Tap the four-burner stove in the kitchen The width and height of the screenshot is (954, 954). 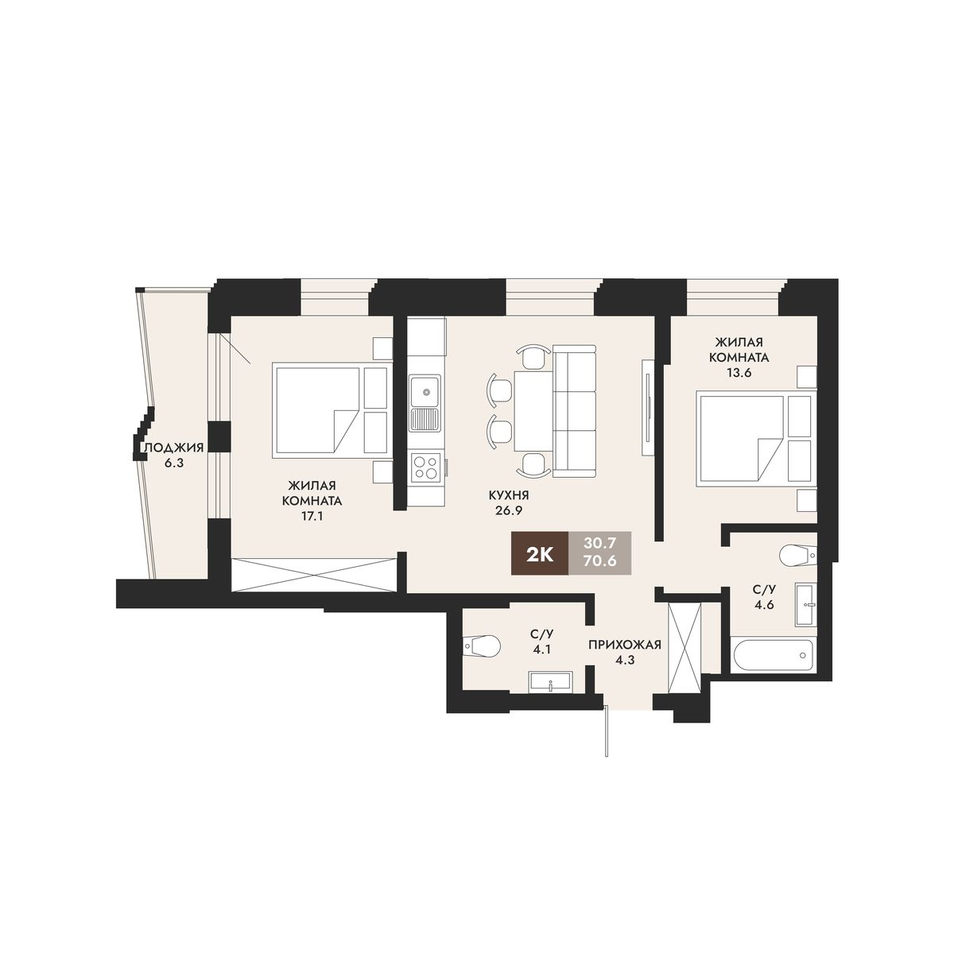(425, 467)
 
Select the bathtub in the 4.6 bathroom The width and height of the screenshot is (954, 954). (774, 655)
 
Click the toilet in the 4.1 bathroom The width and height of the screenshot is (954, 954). (481, 646)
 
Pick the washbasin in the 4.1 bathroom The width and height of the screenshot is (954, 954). (550, 681)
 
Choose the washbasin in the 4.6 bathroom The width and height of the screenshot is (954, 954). (805, 604)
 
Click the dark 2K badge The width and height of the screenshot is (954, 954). (540, 554)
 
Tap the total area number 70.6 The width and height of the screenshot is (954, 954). (599, 562)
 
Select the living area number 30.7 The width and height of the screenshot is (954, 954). (599, 544)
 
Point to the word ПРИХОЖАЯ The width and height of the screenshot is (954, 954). (625, 645)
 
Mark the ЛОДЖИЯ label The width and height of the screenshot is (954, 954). (173, 448)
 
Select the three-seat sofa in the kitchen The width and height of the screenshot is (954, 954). (574, 412)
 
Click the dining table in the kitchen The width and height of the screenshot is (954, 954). (533, 410)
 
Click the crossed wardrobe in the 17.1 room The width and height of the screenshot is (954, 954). (314, 574)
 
